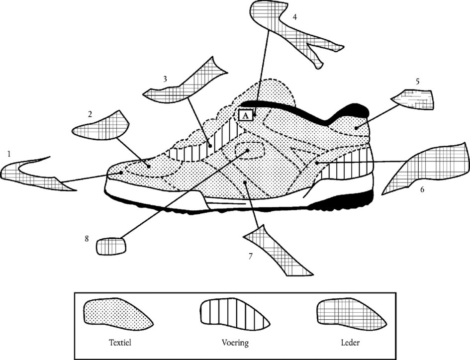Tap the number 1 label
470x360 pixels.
click(9, 154)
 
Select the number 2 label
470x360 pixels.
click(90, 114)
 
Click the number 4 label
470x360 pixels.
click(295, 17)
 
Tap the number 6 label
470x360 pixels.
click(422, 189)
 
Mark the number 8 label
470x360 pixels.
click(86, 239)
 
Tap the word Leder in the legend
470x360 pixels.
click(351, 342)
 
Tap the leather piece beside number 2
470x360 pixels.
click(102, 126)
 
